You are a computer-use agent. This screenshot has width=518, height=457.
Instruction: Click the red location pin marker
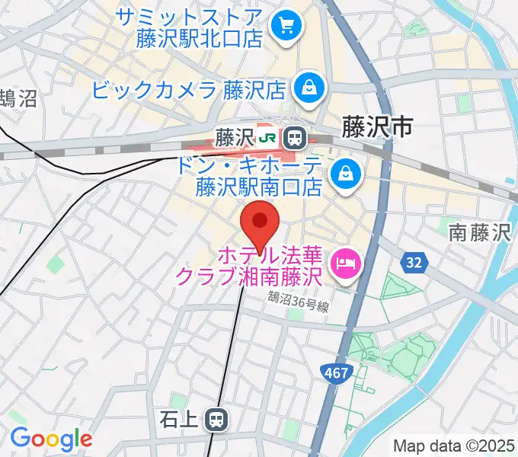tap(261, 224)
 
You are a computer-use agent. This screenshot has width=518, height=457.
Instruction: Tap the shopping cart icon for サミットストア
tap(287, 27)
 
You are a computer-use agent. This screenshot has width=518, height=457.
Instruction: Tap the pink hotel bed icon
tap(347, 264)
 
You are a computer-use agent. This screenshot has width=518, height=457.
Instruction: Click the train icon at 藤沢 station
tap(294, 138)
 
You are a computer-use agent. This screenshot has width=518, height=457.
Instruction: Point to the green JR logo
tap(268, 138)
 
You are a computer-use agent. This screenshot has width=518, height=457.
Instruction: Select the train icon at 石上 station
tap(218, 418)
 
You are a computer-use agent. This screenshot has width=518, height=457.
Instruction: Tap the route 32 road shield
tap(412, 263)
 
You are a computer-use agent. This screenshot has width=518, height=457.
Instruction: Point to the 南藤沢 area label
tap(478, 232)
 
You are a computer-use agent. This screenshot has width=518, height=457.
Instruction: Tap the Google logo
tap(51, 439)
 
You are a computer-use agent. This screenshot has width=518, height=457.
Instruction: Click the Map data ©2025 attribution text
tap(455, 446)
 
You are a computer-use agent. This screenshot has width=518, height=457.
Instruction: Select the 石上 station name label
tap(181, 418)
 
